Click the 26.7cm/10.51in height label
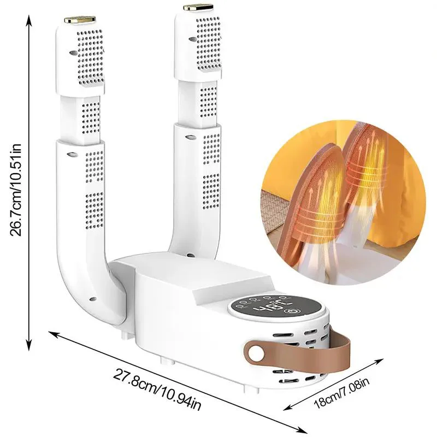point(16,190)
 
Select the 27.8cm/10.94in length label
point(157,389)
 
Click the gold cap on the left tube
point(80,20)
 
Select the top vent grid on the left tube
point(90,57)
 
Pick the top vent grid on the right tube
point(208,43)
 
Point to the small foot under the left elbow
point(125,335)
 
